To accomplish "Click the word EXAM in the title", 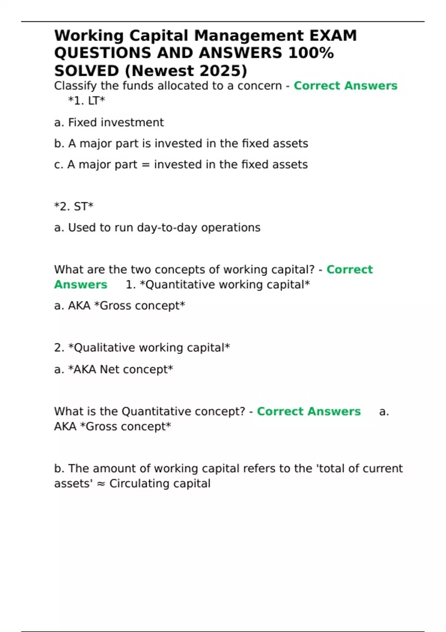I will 333,36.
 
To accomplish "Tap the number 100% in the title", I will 311,53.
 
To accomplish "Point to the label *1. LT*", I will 87,101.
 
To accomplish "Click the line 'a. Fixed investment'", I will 109,122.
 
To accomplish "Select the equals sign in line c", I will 146,165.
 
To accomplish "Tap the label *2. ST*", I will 74,206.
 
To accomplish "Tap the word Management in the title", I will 249,36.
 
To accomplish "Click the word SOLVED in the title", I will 86,71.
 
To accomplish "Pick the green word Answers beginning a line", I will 81,285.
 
